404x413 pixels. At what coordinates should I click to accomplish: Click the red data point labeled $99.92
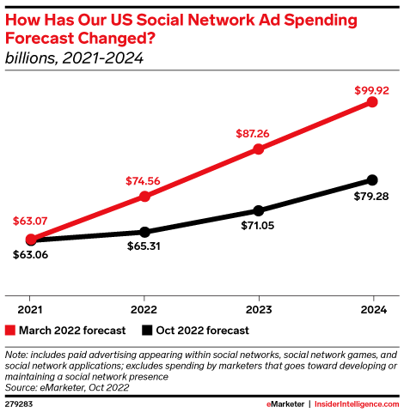point(371,102)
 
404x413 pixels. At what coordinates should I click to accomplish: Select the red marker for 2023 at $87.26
point(258,149)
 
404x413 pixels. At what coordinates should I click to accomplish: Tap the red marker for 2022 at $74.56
point(144,197)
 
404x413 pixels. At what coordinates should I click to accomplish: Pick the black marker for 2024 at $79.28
point(371,179)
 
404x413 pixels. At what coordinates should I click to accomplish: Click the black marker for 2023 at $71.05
point(258,210)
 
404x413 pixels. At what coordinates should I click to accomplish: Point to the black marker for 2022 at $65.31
point(144,232)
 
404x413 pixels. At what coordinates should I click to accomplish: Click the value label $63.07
point(30,222)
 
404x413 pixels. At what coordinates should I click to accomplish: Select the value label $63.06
point(30,255)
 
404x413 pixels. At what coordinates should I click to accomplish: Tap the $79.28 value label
point(371,197)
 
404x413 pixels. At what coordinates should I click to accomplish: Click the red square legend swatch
point(10,331)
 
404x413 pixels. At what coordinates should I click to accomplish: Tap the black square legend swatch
point(147,331)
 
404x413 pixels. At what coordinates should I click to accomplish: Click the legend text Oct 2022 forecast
point(203,331)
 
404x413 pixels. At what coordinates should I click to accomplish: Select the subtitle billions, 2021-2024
point(73,59)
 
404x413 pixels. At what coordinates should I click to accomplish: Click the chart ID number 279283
point(19,404)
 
